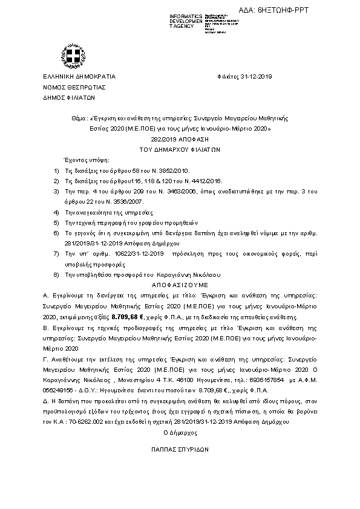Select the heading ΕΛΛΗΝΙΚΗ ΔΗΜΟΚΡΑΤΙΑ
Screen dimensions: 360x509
pos(79,77)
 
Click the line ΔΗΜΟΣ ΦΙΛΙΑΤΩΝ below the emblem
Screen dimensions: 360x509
pos(65,97)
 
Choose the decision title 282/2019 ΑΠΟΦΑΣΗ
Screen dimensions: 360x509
pos(180,138)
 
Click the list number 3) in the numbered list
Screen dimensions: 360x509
pos(57,190)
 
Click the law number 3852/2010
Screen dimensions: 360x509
pos(159,171)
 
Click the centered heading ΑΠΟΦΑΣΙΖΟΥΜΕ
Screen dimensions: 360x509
pos(180,283)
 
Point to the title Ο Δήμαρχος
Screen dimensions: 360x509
pos(180,433)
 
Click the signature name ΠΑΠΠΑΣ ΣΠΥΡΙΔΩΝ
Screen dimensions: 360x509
pos(180,450)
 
